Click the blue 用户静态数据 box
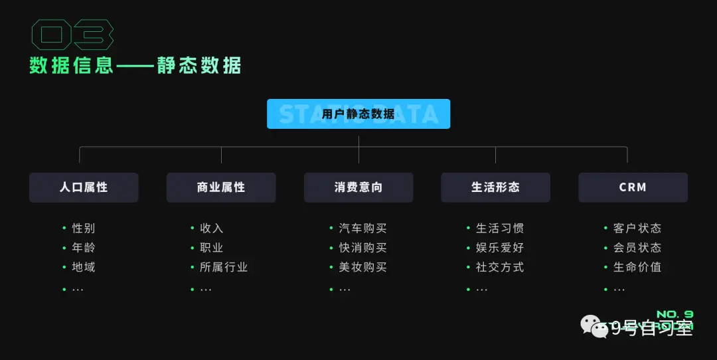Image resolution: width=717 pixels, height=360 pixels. click(358, 114)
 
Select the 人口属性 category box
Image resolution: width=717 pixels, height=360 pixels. click(84, 187)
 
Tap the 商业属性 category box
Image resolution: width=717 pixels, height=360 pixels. click(221, 187)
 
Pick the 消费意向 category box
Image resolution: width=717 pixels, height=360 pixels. click(358, 187)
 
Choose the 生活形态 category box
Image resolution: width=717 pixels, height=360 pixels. click(495, 187)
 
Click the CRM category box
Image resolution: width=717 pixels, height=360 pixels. click(633, 187)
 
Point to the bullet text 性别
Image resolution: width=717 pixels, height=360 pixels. click(84, 228)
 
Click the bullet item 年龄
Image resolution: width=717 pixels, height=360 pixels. click(84, 248)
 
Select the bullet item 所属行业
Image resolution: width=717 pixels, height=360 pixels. click(224, 267)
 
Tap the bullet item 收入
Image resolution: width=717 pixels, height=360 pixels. click(212, 228)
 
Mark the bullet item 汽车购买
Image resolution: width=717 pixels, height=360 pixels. click(362, 228)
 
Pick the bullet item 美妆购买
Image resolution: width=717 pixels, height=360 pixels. click(362, 267)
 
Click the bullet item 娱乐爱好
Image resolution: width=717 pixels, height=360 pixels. click(500, 248)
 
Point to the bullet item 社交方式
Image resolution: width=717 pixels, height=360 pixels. click(500, 267)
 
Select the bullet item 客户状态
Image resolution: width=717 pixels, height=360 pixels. click(637, 228)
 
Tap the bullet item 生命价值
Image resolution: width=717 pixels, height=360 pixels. click(637, 267)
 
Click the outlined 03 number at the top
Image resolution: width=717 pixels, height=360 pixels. click(72, 35)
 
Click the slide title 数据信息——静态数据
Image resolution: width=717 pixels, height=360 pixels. click(135, 66)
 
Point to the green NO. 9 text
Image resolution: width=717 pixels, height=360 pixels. click(675, 314)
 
